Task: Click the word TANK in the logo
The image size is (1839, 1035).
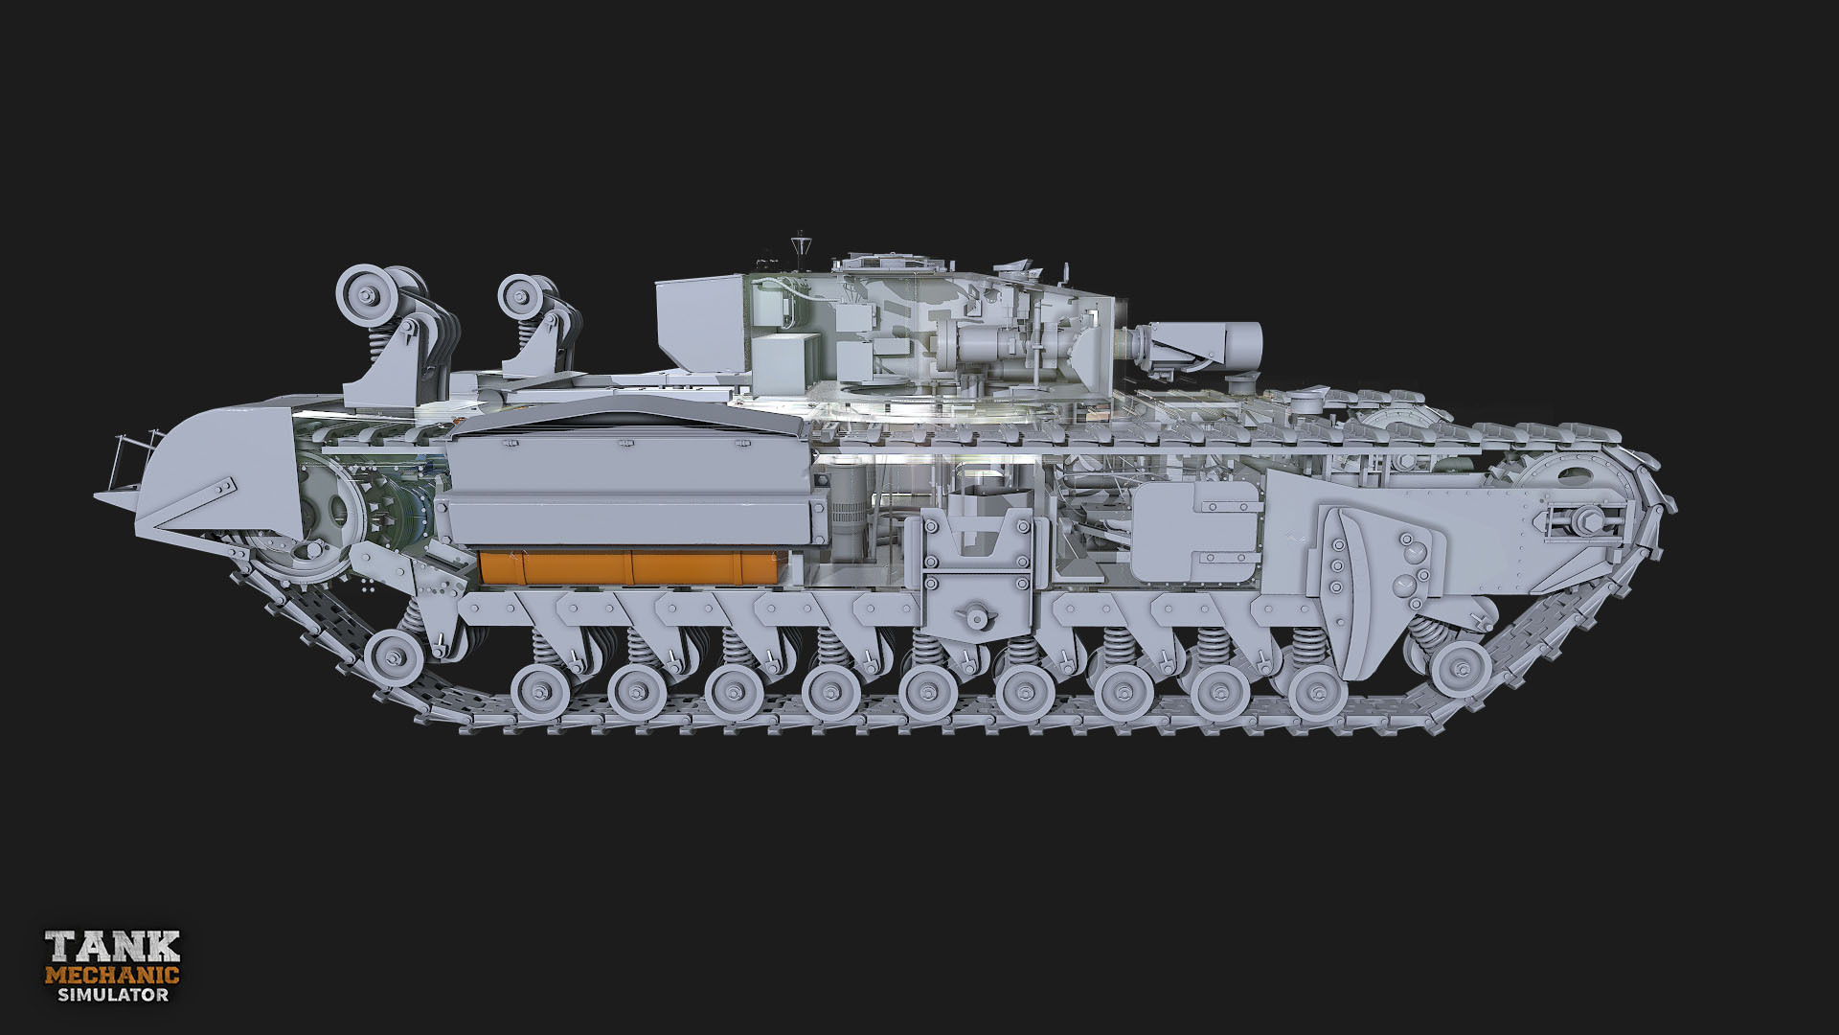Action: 113,947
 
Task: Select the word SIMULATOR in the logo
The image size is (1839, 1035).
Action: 113,995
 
